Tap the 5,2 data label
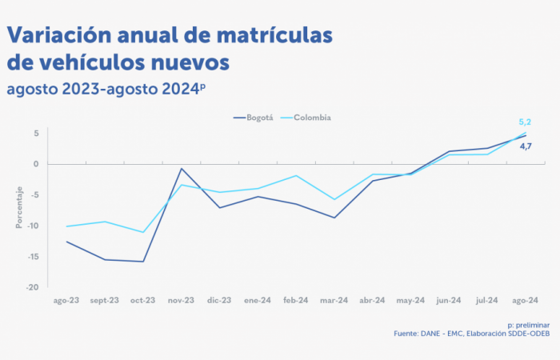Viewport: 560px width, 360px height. coord(525,122)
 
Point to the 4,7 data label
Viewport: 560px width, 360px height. coord(526,146)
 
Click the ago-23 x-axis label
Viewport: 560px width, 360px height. coord(66,301)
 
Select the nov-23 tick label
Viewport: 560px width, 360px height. coord(181,301)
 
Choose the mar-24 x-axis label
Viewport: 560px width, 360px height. coord(334,301)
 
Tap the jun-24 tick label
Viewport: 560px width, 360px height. coord(449,301)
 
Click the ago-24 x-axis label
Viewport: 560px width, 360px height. coord(525,301)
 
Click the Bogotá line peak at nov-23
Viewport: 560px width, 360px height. coord(182,169)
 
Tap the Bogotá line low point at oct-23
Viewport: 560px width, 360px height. coord(143,262)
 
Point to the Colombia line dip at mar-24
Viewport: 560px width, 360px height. coord(334,199)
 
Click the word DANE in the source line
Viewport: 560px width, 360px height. coord(433,334)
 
